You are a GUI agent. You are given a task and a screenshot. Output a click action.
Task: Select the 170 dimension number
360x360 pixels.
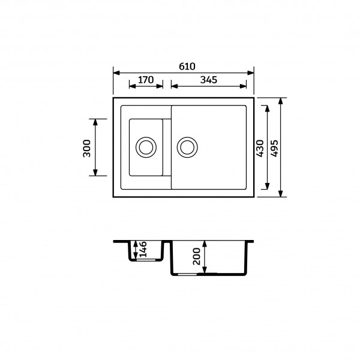tap(146, 79)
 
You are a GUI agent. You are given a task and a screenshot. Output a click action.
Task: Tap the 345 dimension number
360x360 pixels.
tap(208, 79)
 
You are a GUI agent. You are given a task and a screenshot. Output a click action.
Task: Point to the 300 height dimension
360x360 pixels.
tap(87, 147)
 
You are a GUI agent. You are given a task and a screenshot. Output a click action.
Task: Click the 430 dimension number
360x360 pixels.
tap(260, 148)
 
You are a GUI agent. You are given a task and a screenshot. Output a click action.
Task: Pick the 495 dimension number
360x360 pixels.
tap(274, 148)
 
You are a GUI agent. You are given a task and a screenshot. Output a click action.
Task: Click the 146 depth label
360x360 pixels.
tap(142, 248)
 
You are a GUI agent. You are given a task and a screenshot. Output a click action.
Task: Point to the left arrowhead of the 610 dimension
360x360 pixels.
tap(116, 70)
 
